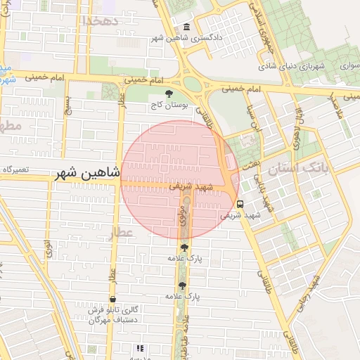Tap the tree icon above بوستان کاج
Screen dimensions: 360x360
click(168, 94)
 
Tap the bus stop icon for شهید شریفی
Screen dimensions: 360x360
click(240, 204)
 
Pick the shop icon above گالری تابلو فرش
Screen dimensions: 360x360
click(112, 299)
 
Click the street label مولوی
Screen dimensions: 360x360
click(181, 215)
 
